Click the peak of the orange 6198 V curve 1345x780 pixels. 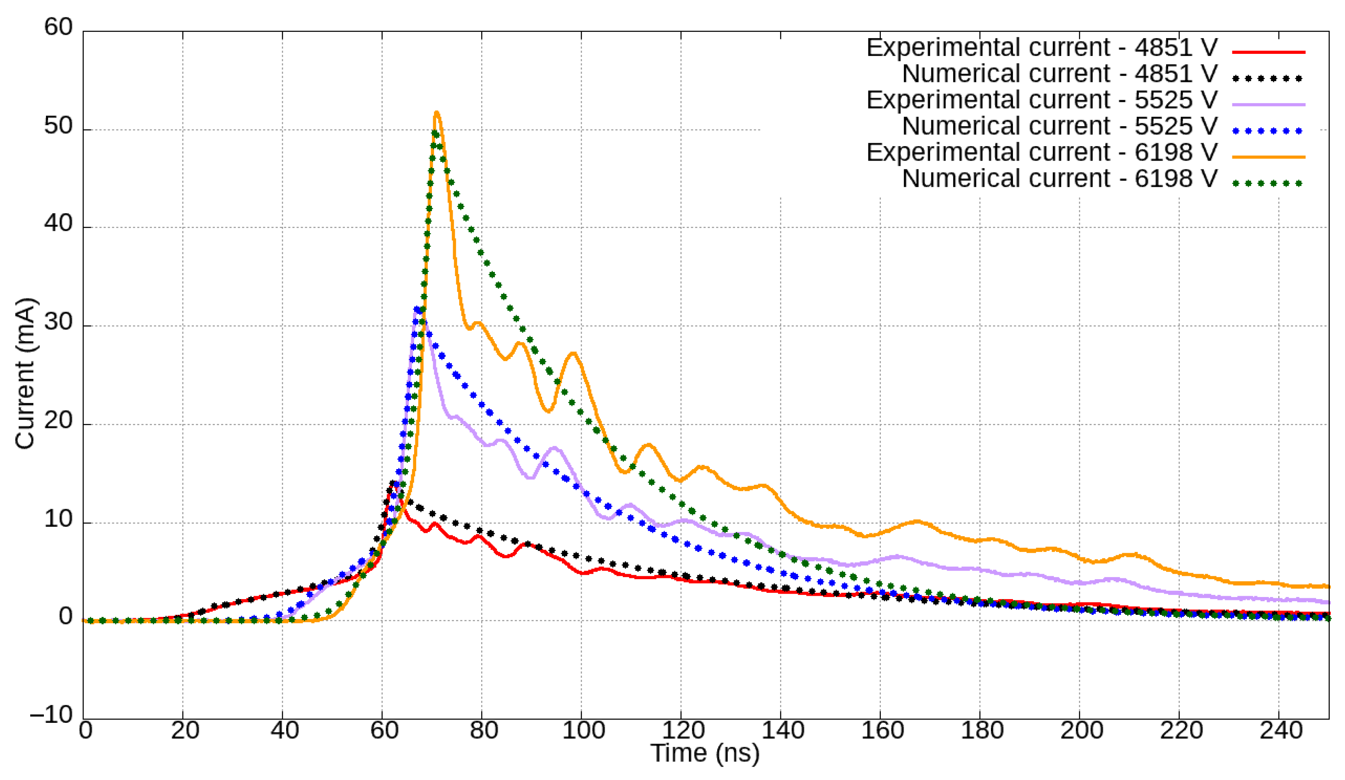[436, 113]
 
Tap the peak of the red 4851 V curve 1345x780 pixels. [395, 484]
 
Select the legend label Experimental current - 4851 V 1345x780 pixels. [1042, 48]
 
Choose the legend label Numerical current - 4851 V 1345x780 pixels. [1059, 74]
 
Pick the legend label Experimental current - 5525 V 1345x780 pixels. [1042, 100]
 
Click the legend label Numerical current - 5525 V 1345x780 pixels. [1059, 126]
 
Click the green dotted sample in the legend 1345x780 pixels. [1268, 183]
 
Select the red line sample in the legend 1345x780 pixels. [1268, 52]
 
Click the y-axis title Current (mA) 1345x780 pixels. [25, 373]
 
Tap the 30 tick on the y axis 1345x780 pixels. [59, 323]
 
